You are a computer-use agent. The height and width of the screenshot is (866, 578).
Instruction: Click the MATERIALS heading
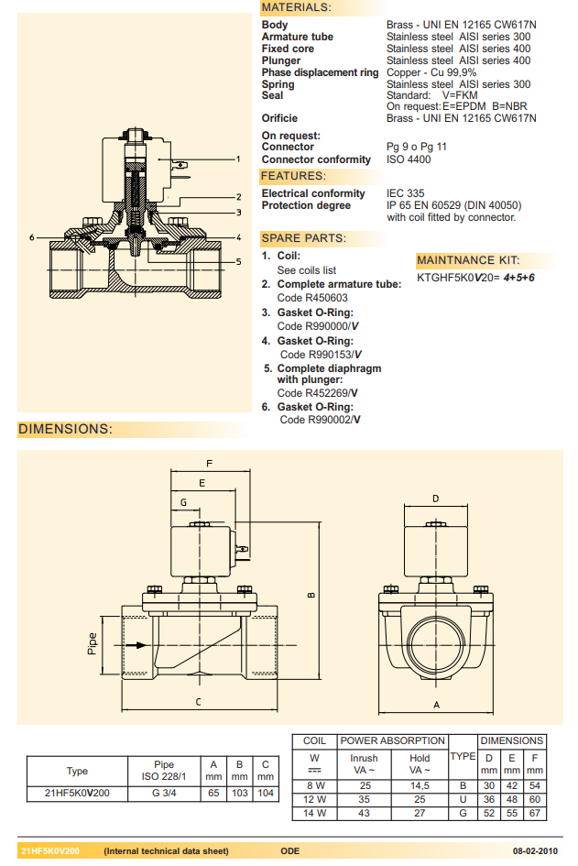point(297,7)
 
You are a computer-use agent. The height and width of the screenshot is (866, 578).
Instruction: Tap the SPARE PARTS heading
point(304,238)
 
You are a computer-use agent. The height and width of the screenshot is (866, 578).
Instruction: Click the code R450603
point(312,298)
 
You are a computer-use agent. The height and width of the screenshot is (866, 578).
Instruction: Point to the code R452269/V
point(317,393)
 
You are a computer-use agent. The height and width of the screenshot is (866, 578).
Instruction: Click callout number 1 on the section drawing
point(238,159)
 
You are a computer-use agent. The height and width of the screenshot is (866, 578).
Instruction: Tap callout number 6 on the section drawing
point(31,237)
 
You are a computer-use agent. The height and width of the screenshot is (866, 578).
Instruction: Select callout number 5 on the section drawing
point(238,261)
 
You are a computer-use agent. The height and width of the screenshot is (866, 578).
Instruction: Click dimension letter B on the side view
point(311,595)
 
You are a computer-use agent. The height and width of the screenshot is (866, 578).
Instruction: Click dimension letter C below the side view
point(199,702)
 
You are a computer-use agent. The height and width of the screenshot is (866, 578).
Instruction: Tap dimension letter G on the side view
point(183,502)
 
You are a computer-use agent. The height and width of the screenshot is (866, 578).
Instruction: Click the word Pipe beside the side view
point(92,644)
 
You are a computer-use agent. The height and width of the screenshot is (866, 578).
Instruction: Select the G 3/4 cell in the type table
point(164,794)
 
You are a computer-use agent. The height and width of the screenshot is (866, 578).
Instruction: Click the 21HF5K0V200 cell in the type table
point(77,794)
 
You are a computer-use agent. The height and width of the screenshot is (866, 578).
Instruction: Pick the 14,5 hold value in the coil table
point(420,785)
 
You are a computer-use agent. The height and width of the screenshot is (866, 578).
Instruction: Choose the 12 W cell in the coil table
point(314,799)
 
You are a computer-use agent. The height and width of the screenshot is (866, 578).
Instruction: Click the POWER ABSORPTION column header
point(392,740)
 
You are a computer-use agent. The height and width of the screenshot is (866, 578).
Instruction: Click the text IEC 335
point(406,193)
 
